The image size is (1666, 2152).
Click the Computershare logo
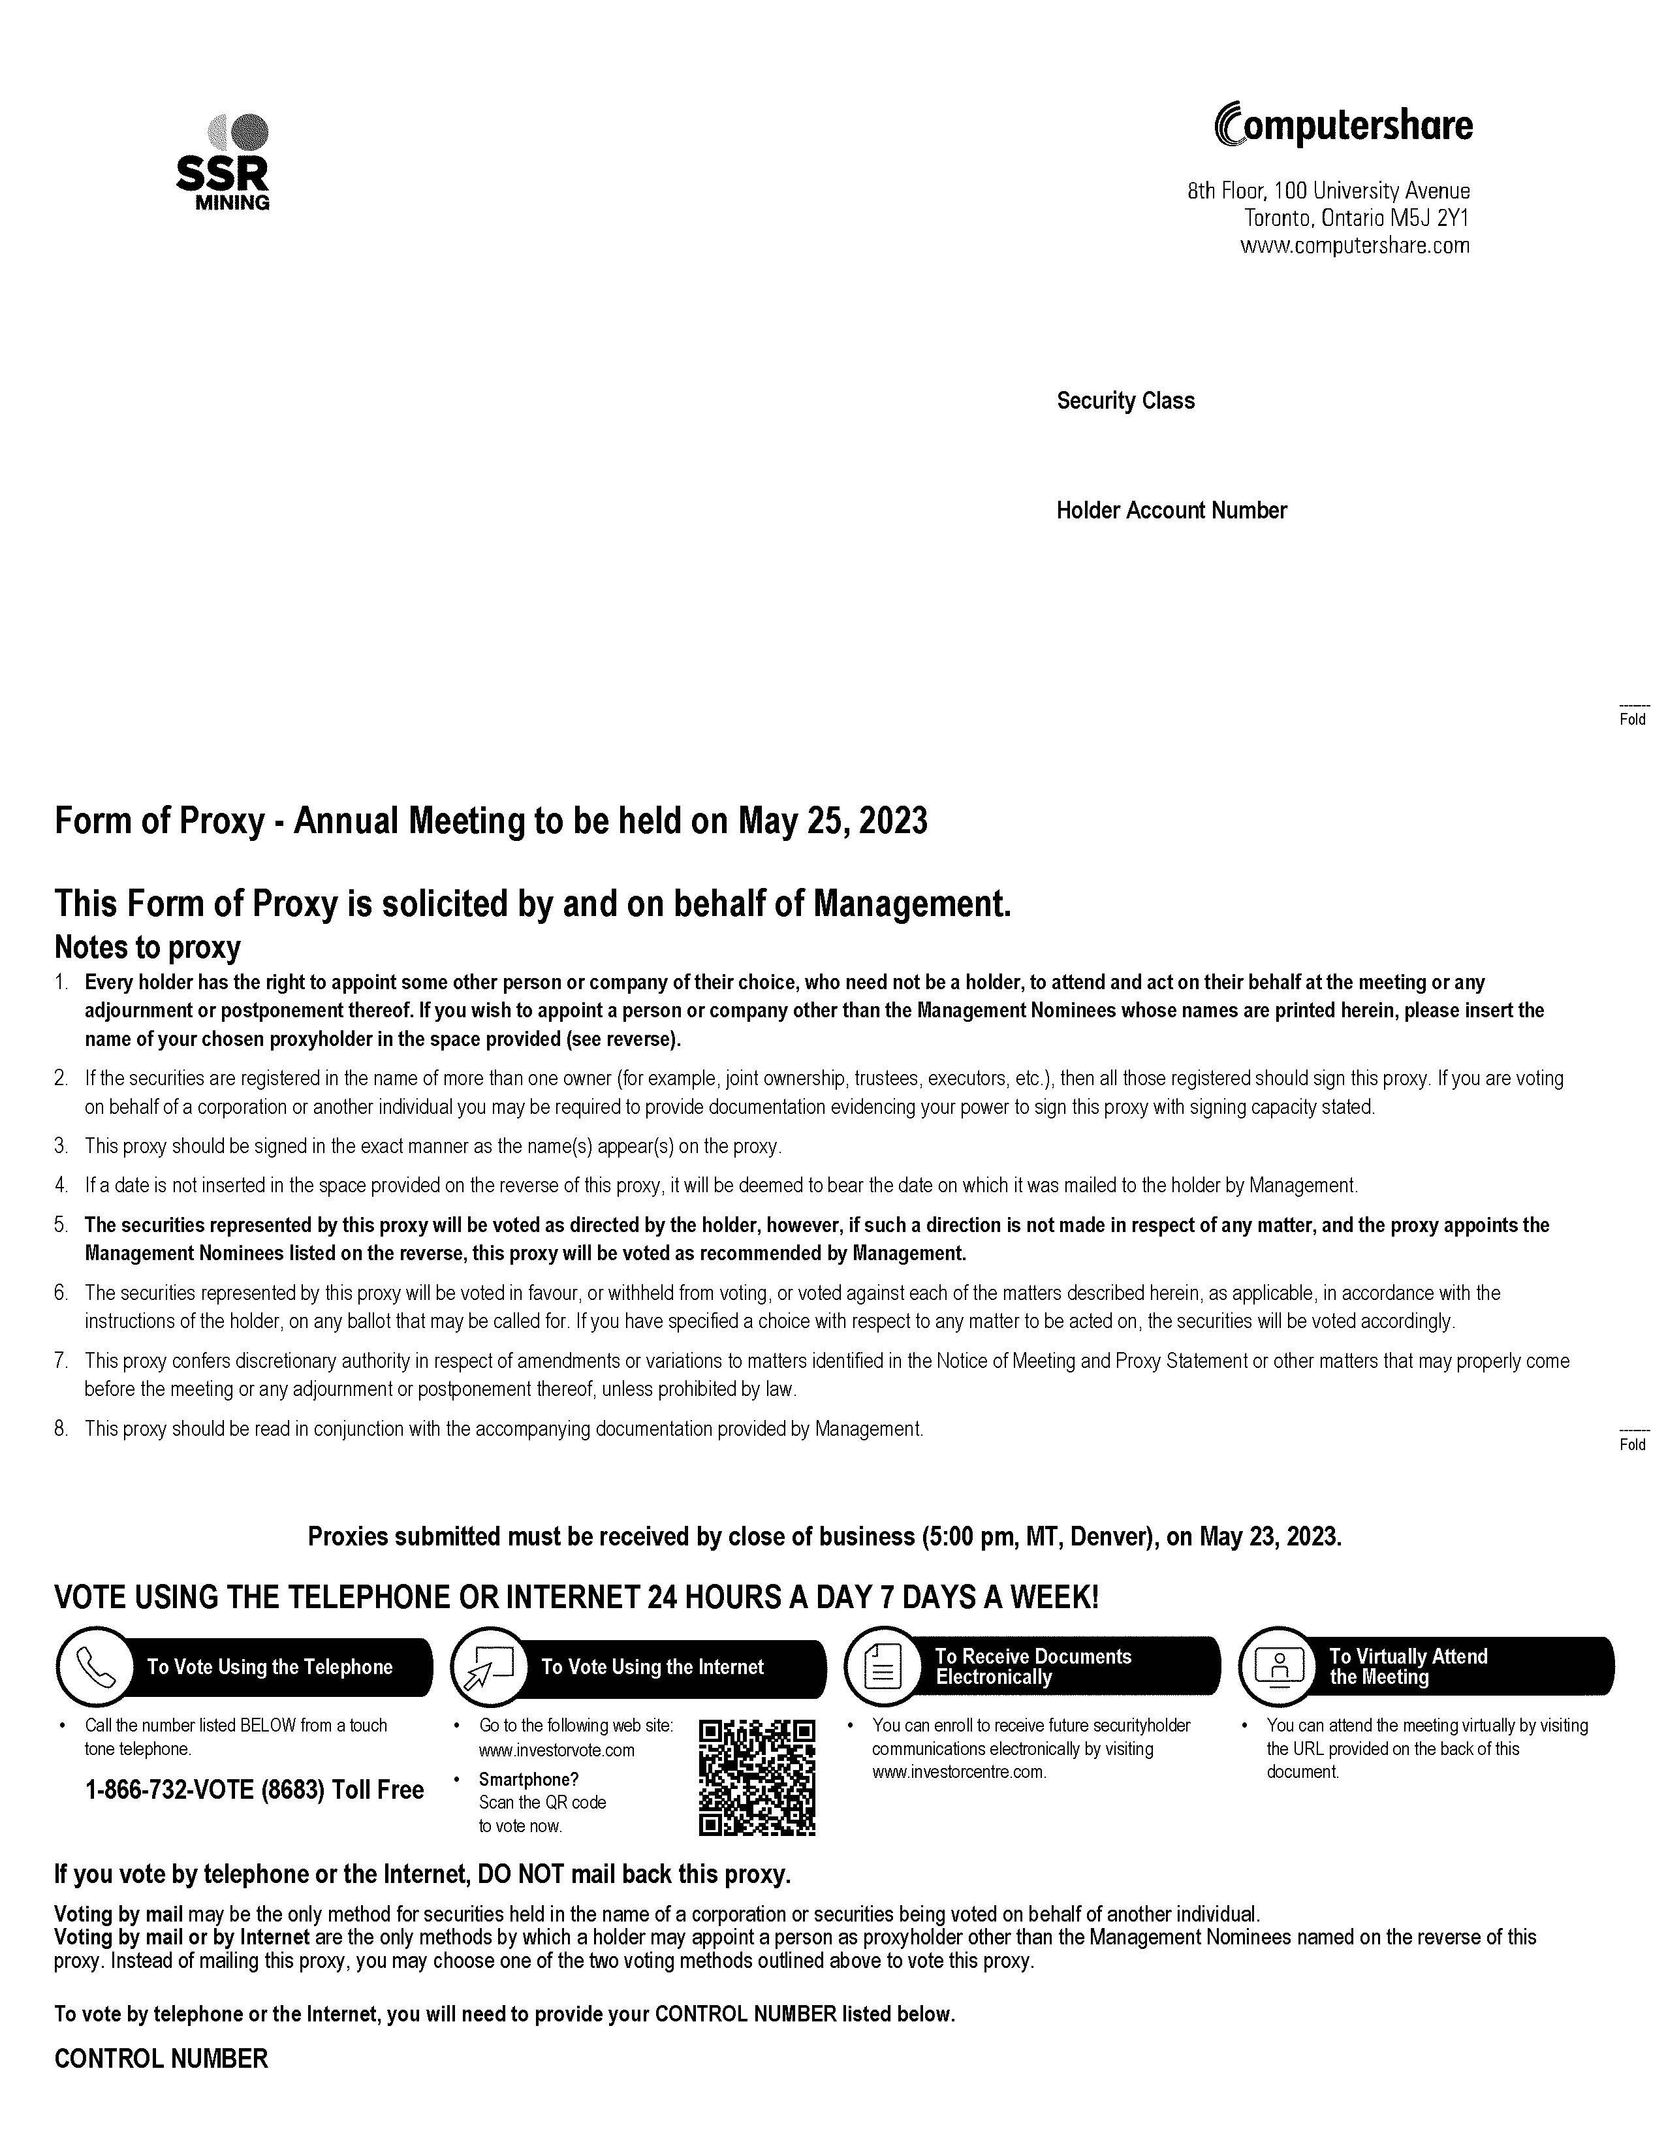(x=1344, y=125)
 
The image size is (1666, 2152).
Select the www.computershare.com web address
(x=1355, y=246)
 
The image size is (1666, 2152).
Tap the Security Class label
(x=1125, y=401)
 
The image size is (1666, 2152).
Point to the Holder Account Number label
(x=1171, y=511)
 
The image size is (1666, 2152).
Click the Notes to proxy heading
(x=148, y=948)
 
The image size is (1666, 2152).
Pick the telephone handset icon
(x=95, y=1667)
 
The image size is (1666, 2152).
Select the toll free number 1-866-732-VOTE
(x=254, y=1790)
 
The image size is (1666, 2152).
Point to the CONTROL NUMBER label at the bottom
(x=161, y=2059)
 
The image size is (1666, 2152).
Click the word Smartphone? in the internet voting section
(x=528, y=1780)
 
